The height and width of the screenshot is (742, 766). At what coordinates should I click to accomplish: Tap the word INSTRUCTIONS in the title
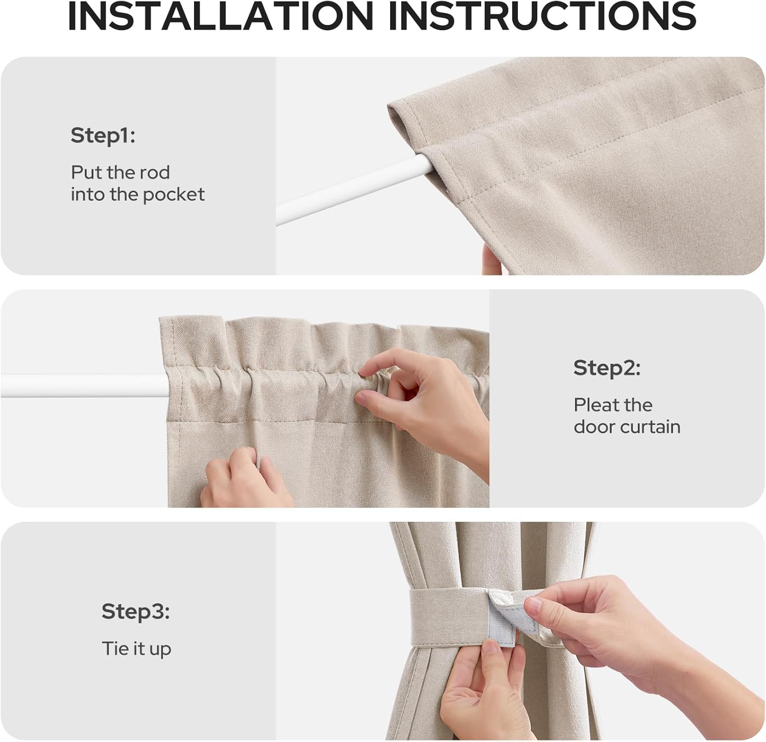[542, 16]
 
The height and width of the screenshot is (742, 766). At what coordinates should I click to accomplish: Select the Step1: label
[103, 135]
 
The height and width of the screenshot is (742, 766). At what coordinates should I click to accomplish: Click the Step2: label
[606, 368]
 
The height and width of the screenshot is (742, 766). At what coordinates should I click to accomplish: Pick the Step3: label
[135, 611]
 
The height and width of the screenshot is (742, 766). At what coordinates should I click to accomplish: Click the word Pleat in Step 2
[594, 405]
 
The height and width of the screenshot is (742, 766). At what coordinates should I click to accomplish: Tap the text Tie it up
[136, 649]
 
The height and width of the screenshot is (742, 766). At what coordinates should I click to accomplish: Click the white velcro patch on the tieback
[502, 621]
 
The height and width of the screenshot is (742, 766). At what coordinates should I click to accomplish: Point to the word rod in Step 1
[156, 173]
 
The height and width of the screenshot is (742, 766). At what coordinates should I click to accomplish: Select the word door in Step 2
[593, 427]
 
